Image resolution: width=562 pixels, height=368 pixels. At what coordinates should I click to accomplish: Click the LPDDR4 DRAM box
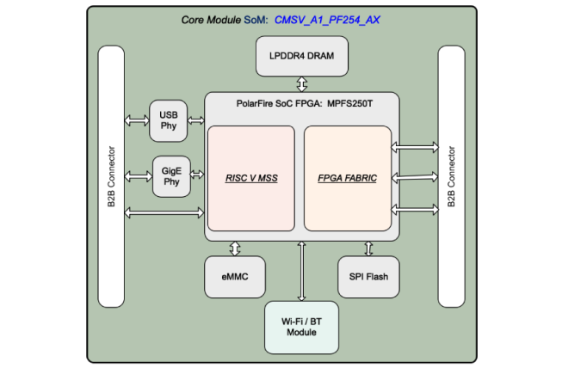[x=301, y=57]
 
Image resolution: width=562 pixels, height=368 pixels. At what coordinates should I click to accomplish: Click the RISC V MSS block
[x=251, y=178]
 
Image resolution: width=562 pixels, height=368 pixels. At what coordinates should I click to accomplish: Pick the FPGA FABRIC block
[x=348, y=178]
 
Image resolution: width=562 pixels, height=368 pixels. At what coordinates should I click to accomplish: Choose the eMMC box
[x=234, y=278]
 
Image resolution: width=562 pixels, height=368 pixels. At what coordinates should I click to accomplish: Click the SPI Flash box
[x=368, y=278]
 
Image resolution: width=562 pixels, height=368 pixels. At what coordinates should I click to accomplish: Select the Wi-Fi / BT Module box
[x=301, y=327]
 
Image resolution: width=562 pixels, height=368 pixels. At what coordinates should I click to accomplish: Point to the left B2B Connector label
[x=112, y=177]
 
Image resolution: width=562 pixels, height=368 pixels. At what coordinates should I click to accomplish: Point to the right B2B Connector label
[x=451, y=177]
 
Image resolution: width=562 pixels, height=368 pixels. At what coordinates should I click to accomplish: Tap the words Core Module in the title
[x=211, y=20]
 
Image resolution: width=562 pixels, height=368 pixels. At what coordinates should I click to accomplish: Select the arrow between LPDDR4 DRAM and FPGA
[x=301, y=83]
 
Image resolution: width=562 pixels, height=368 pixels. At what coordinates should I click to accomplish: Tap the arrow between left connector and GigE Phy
[x=139, y=176]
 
